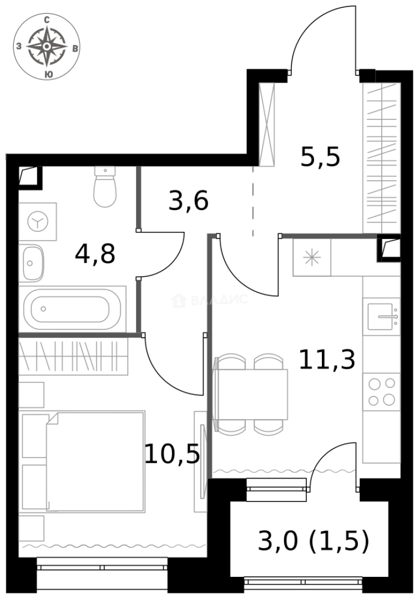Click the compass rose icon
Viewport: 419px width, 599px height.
[x=47, y=47]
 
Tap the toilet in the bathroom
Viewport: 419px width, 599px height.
[x=104, y=187]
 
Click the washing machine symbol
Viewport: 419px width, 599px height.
[x=38, y=222]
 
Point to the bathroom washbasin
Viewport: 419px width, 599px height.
[x=32, y=263]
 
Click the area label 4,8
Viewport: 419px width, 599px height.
[x=95, y=255]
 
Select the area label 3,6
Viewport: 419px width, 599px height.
[x=189, y=201]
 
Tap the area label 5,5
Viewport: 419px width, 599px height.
[x=320, y=158]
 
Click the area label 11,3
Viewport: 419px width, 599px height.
[x=327, y=359]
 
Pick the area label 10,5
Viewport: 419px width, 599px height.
[x=172, y=455]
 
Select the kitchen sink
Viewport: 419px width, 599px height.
[x=381, y=316]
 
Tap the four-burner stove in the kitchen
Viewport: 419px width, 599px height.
[x=382, y=391]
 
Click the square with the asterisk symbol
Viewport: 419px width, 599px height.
[x=312, y=257]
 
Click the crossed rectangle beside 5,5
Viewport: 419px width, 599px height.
[x=267, y=124]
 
